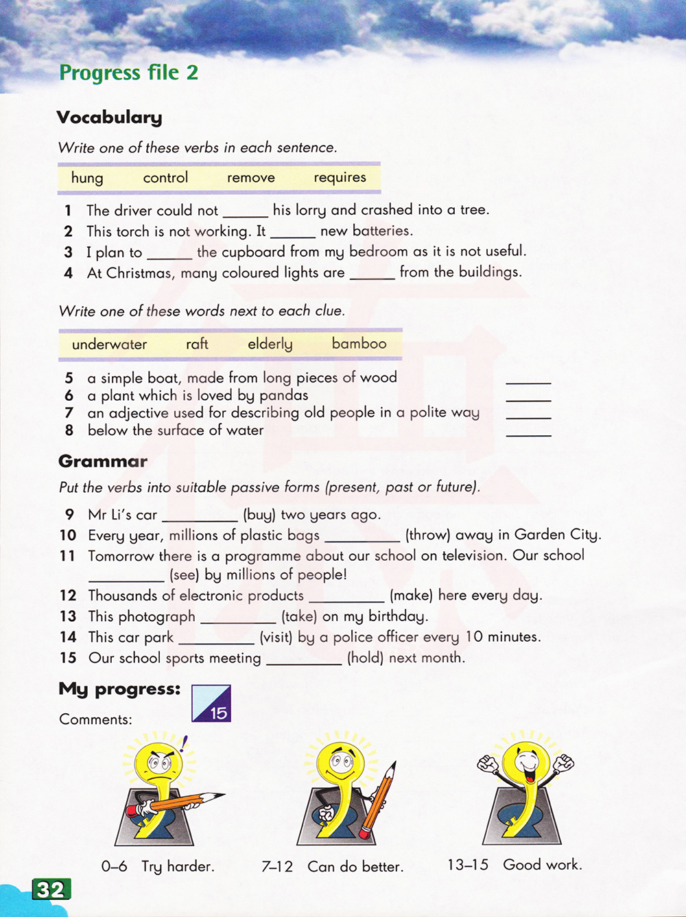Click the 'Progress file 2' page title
point(129,72)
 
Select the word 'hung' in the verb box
point(87,178)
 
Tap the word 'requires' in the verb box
point(340,177)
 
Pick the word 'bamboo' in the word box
point(359,343)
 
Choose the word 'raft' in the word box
point(197,344)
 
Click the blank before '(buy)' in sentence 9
point(200,518)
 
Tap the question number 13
point(68,616)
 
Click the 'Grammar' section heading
point(103,461)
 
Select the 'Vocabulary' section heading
point(109,117)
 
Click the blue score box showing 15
point(211,703)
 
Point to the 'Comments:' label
point(95,719)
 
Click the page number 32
point(51,890)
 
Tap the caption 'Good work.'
point(542,865)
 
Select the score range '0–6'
point(114,866)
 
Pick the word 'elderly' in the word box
point(270,344)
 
